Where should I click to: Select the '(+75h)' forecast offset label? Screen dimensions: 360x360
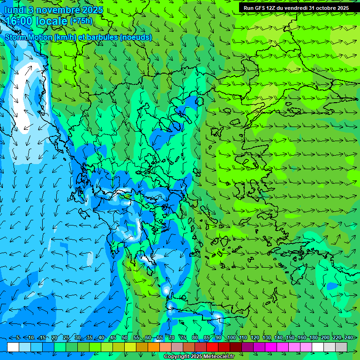tap(81, 21)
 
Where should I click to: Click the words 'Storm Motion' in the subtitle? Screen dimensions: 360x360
tap(29, 37)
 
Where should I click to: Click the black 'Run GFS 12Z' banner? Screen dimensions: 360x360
tap(296, 8)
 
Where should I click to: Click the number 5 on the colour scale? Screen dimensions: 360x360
tap(17, 338)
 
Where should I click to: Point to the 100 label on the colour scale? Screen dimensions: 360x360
tap(231, 338)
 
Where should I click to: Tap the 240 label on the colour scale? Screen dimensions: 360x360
tap(348, 338)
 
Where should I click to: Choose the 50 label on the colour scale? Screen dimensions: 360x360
tap(125, 338)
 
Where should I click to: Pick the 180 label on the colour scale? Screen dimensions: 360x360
tap(313, 338)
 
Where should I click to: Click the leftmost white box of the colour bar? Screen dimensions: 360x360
tap(13, 347)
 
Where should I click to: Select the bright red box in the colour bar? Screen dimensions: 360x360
tap(212, 347)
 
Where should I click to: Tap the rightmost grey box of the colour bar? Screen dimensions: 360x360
tap(341, 347)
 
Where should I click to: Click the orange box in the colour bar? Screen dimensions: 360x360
tap(154, 347)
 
